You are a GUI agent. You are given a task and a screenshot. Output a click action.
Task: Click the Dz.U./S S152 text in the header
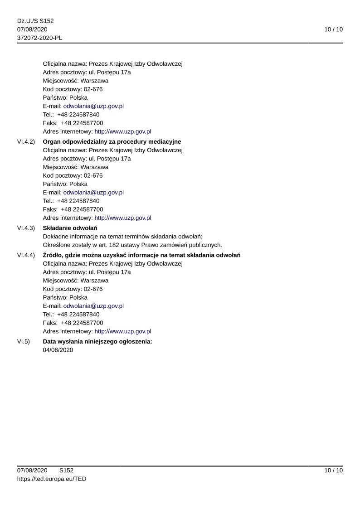pos(35,21)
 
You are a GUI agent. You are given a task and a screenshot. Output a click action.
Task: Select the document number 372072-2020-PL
pos(39,38)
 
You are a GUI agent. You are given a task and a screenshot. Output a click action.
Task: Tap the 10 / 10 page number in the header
pos(333,29)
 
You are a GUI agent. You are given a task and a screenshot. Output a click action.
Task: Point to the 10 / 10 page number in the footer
pos(333,470)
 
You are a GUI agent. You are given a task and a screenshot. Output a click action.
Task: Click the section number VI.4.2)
pos(26,142)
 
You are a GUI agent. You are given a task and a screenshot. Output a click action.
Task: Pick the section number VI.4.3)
pos(26,228)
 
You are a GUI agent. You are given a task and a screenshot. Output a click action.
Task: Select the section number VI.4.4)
pos(26,255)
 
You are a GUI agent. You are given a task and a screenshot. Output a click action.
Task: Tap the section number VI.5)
pos(24,341)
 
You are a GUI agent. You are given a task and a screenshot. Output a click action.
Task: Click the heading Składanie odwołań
pos(70,228)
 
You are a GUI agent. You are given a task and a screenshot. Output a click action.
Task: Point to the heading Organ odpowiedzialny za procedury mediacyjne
pos(112,142)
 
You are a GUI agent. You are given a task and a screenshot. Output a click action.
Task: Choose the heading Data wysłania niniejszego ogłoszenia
pos(97,341)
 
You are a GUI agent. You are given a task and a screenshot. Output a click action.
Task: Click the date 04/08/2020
pos(58,350)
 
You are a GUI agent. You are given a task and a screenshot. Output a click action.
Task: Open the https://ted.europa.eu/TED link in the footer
pos(52,479)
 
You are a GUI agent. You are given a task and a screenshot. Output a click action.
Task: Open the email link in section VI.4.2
pos(93,192)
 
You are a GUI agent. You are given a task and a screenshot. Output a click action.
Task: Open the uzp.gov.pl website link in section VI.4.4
pos(122,331)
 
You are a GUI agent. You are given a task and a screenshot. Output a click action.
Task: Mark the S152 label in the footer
pos(66,470)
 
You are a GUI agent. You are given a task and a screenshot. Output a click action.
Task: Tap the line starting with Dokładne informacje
pos(122,237)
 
